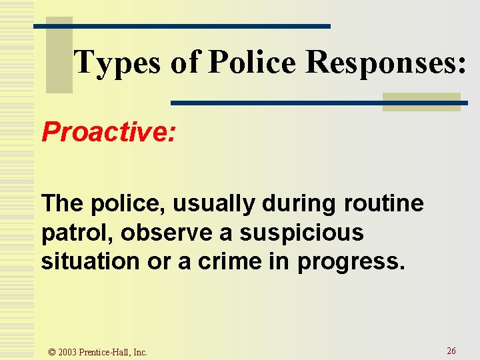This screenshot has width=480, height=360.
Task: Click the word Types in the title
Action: (x=116, y=63)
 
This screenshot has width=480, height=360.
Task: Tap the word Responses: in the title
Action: (x=385, y=63)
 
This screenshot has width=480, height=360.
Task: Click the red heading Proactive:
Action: (x=109, y=132)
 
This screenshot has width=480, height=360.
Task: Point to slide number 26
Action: (x=451, y=351)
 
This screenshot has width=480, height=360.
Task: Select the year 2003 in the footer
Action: (x=67, y=352)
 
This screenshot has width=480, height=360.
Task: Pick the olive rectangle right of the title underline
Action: (x=421, y=101)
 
